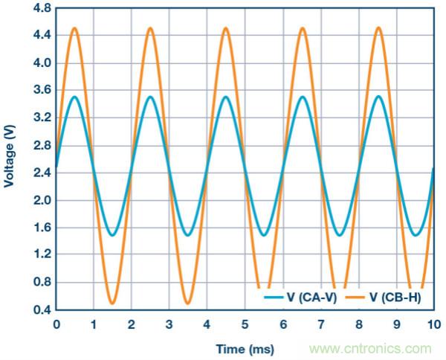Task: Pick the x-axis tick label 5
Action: pyautogui.click(x=245, y=324)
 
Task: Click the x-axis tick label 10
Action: pyautogui.click(x=434, y=324)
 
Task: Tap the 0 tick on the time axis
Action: pyautogui.click(x=56, y=324)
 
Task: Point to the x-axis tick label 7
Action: pyautogui.click(x=321, y=324)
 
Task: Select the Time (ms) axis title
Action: pyautogui.click(x=245, y=348)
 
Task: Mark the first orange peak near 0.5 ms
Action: pyautogui.click(x=74, y=28)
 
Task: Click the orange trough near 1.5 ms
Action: pyautogui.click(x=112, y=303)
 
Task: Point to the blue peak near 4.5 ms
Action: pyautogui.click(x=226, y=97)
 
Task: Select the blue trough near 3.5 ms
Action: pyautogui.click(x=188, y=235)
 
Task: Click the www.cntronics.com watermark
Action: pyautogui.click(x=370, y=348)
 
